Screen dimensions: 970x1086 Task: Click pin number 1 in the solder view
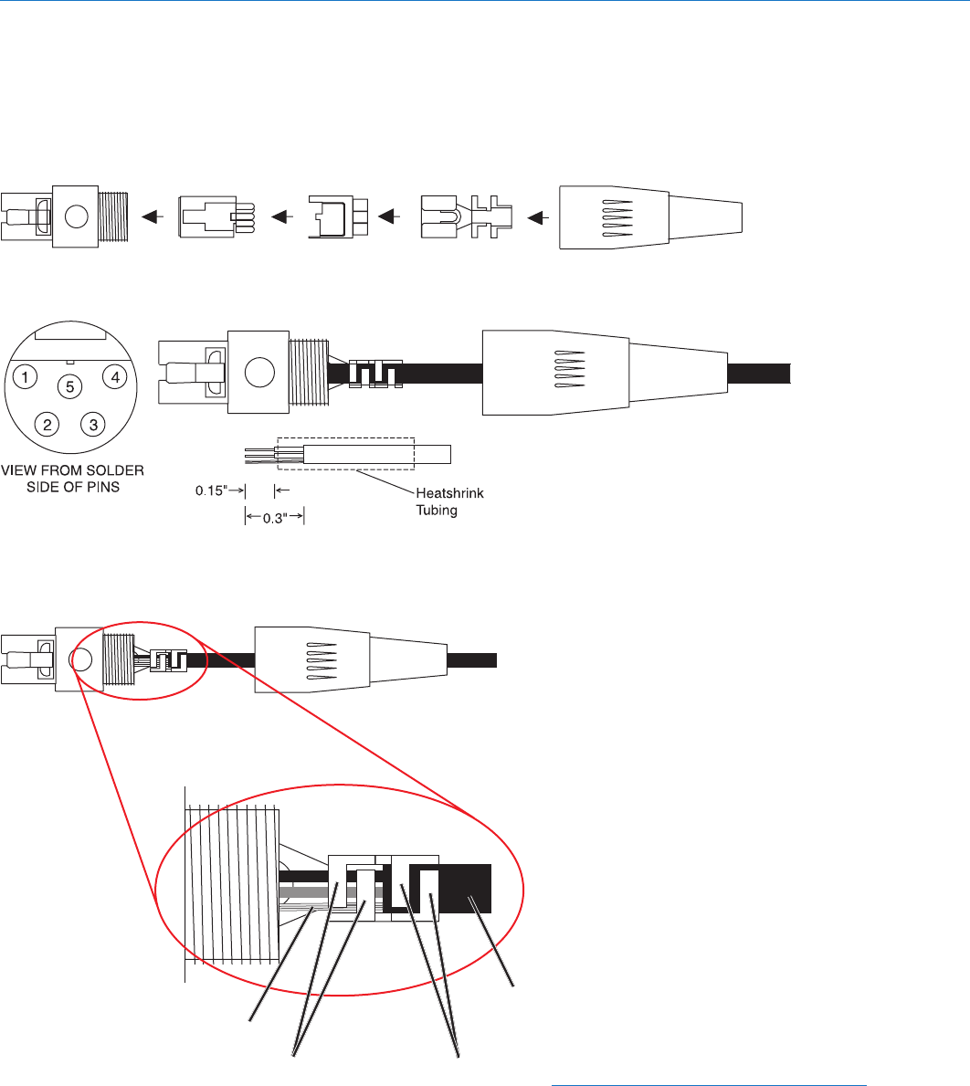(29, 375)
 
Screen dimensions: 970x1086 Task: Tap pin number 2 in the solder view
(44, 423)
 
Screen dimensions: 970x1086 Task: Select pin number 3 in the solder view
(91, 423)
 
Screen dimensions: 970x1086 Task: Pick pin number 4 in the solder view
(113, 375)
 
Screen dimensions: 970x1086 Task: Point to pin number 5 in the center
(69, 386)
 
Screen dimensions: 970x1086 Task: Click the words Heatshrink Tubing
(455, 501)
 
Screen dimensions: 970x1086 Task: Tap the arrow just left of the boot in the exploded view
(539, 217)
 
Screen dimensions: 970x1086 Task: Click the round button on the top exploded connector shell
(77, 216)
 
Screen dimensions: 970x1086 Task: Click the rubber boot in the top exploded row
(649, 216)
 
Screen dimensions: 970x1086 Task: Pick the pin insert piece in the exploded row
(216, 217)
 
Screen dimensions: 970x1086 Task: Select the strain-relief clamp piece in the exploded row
(467, 217)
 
